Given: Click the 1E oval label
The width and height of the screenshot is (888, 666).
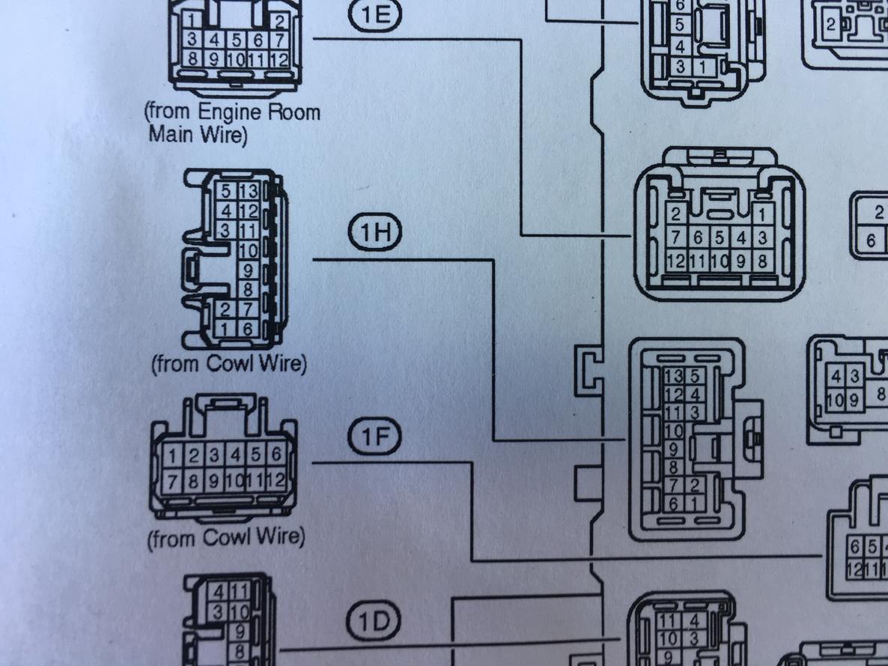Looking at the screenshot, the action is (374, 13).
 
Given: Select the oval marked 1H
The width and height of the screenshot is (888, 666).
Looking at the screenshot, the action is (374, 231).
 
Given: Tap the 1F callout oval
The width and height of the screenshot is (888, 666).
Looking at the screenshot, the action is (374, 436).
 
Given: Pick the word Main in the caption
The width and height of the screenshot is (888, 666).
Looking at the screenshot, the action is (168, 134).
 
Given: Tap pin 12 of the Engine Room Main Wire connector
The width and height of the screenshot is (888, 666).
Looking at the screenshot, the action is (279, 59).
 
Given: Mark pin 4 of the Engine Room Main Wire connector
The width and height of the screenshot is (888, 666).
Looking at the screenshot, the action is (214, 40).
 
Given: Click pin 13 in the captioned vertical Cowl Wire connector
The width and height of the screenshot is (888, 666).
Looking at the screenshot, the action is (248, 191).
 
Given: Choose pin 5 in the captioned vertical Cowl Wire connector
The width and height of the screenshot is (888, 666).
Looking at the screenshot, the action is (226, 191).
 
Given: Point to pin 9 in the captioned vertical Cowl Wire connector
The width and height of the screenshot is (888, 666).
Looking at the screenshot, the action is (248, 270).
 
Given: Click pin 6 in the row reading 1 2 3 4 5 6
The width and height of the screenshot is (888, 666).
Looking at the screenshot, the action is (276, 454).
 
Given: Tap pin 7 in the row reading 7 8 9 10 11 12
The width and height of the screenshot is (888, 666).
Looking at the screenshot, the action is (173, 481).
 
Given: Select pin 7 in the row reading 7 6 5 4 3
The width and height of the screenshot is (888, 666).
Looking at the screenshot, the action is (675, 237).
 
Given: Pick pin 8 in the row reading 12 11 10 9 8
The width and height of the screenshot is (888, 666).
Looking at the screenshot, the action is (762, 261).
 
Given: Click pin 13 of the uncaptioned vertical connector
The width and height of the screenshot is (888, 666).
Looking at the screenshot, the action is (674, 376).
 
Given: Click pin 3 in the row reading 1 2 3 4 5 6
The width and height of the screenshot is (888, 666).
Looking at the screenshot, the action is (214, 454).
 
